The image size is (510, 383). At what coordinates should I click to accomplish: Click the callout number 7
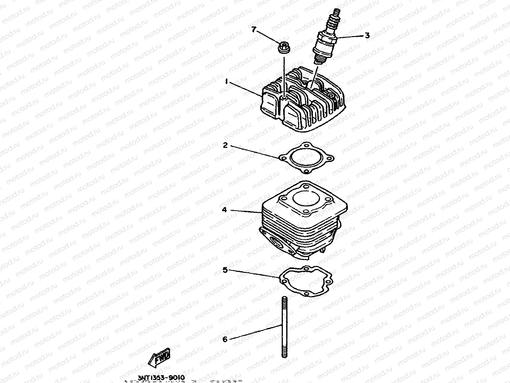point(254,30)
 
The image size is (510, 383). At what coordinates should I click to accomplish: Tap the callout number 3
point(367,36)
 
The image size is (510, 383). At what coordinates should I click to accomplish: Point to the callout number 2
point(225,145)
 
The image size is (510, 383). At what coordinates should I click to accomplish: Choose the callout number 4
point(224,210)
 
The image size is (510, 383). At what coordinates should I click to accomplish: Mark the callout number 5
point(225,270)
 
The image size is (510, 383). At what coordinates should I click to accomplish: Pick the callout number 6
point(225,339)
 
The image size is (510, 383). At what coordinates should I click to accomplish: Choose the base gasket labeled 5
point(306,282)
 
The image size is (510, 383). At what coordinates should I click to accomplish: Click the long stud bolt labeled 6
point(284,327)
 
